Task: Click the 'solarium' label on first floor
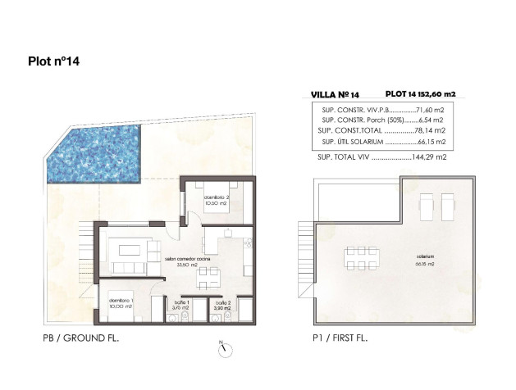(424, 256)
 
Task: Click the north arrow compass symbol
(221, 347)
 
